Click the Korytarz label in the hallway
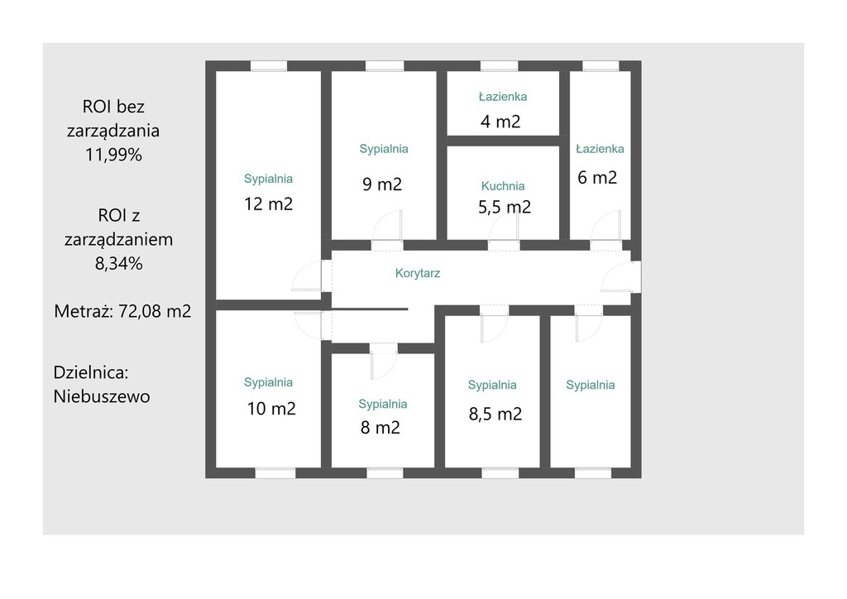click(x=418, y=273)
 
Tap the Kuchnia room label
click(x=503, y=186)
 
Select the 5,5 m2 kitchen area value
click(x=505, y=207)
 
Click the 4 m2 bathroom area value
click(x=500, y=122)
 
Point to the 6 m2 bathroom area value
click(x=597, y=178)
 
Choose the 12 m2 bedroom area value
click(x=269, y=204)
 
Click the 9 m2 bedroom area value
click(x=382, y=184)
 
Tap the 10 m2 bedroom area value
click(x=271, y=409)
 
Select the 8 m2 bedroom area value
click(x=380, y=429)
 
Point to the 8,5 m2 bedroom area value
click(x=495, y=415)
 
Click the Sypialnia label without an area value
click(x=591, y=385)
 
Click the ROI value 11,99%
click(x=113, y=155)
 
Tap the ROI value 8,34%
click(x=119, y=264)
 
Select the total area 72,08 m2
click(x=155, y=312)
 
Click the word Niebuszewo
click(x=102, y=397)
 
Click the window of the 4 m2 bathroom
click(x=499, y=66)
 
